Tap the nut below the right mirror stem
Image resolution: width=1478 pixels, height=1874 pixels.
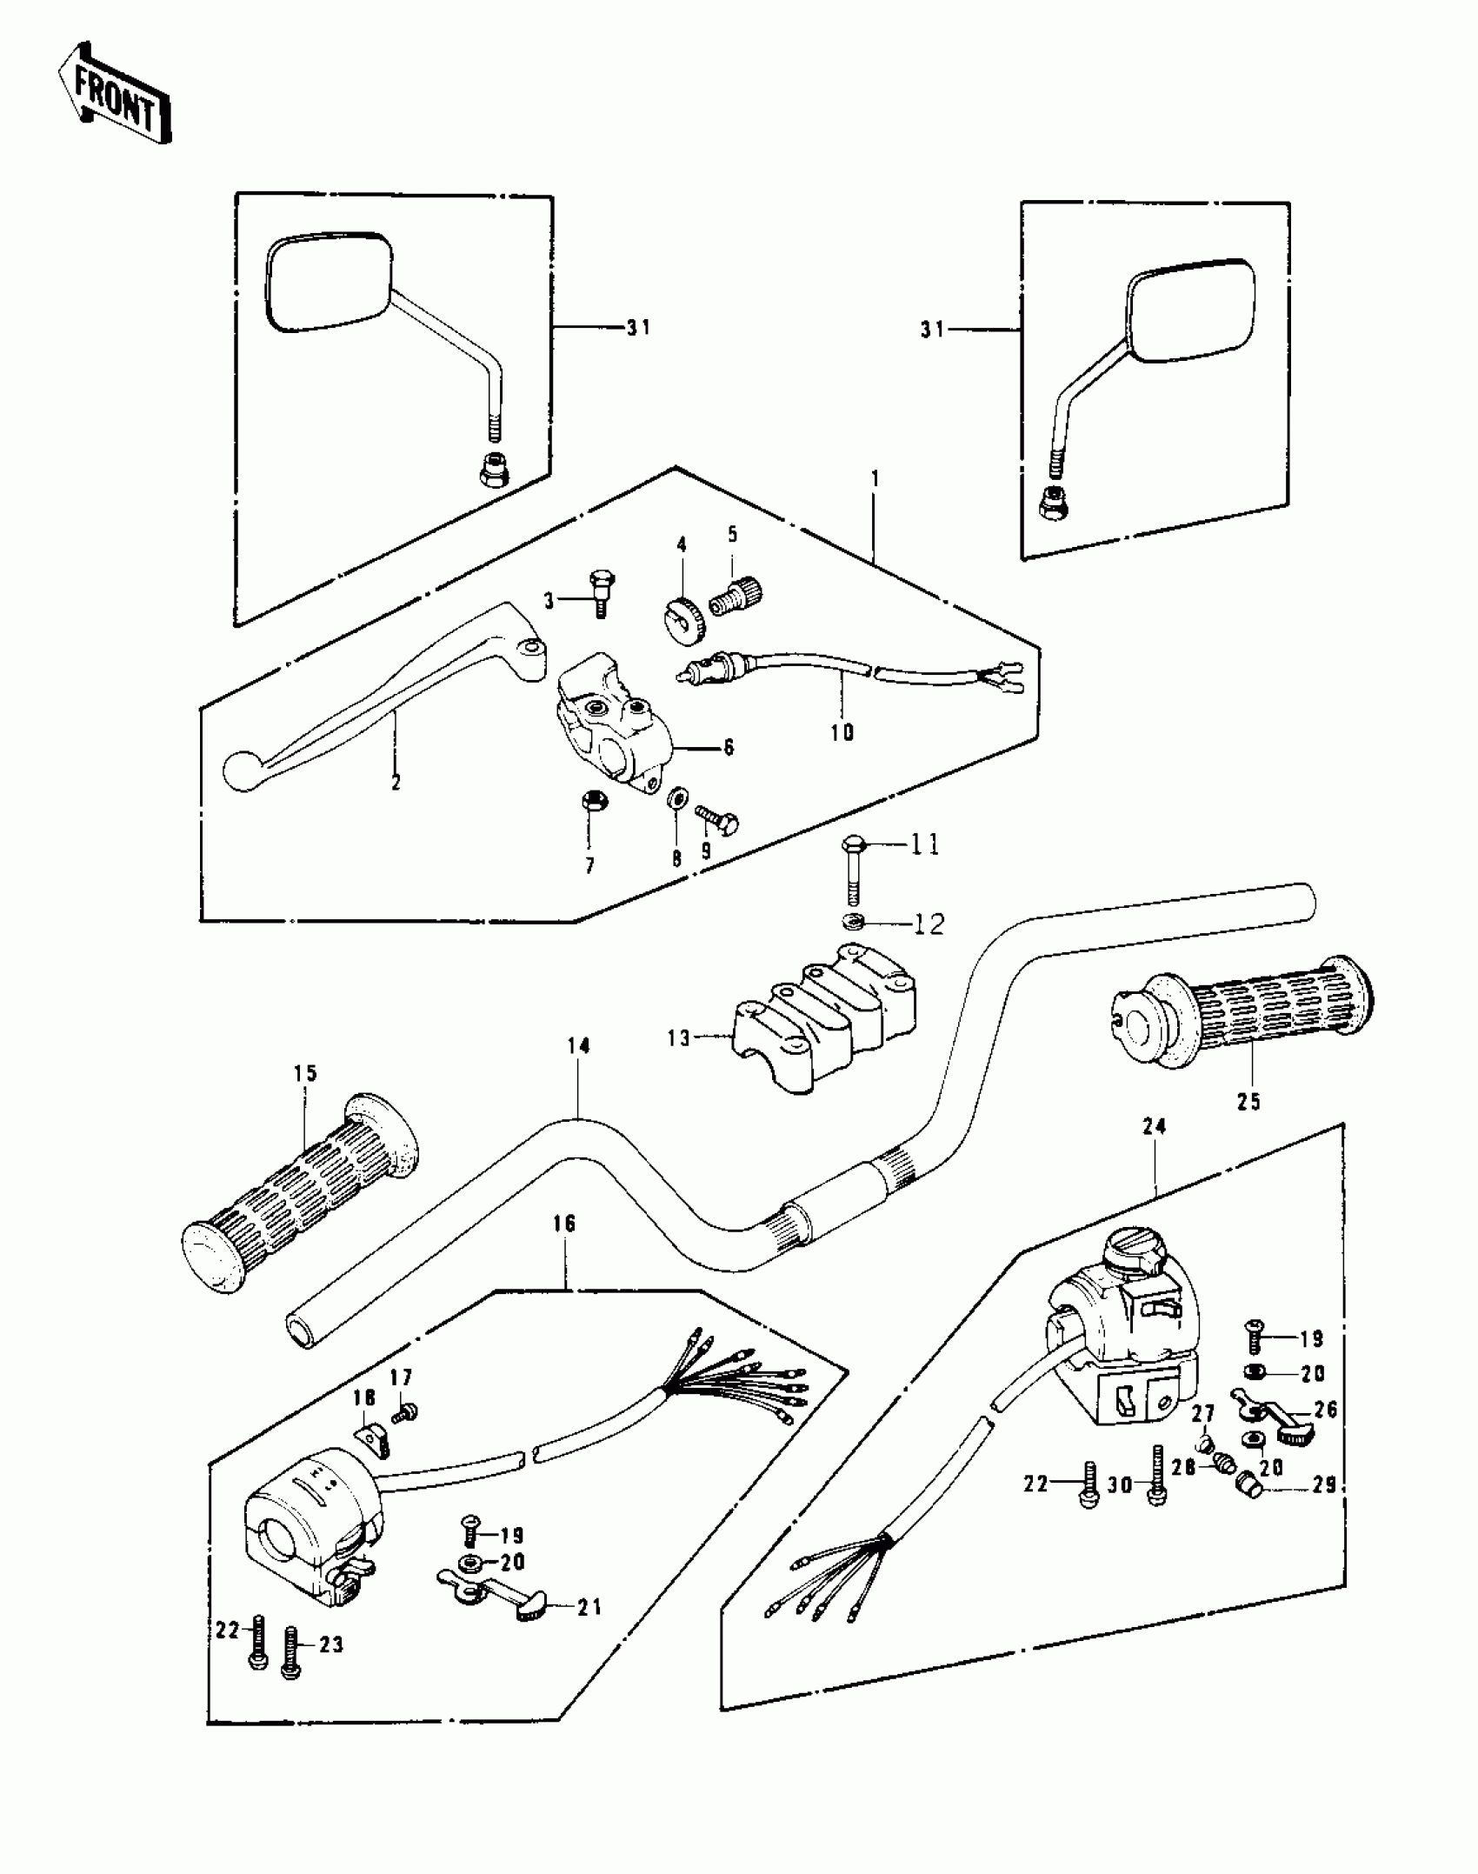(1052, 502)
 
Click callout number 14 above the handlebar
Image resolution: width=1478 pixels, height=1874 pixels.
(579, 1046)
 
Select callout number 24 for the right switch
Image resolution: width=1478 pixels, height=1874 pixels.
(1155, 1127)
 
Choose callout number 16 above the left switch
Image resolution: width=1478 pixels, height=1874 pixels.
(564, 1224)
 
